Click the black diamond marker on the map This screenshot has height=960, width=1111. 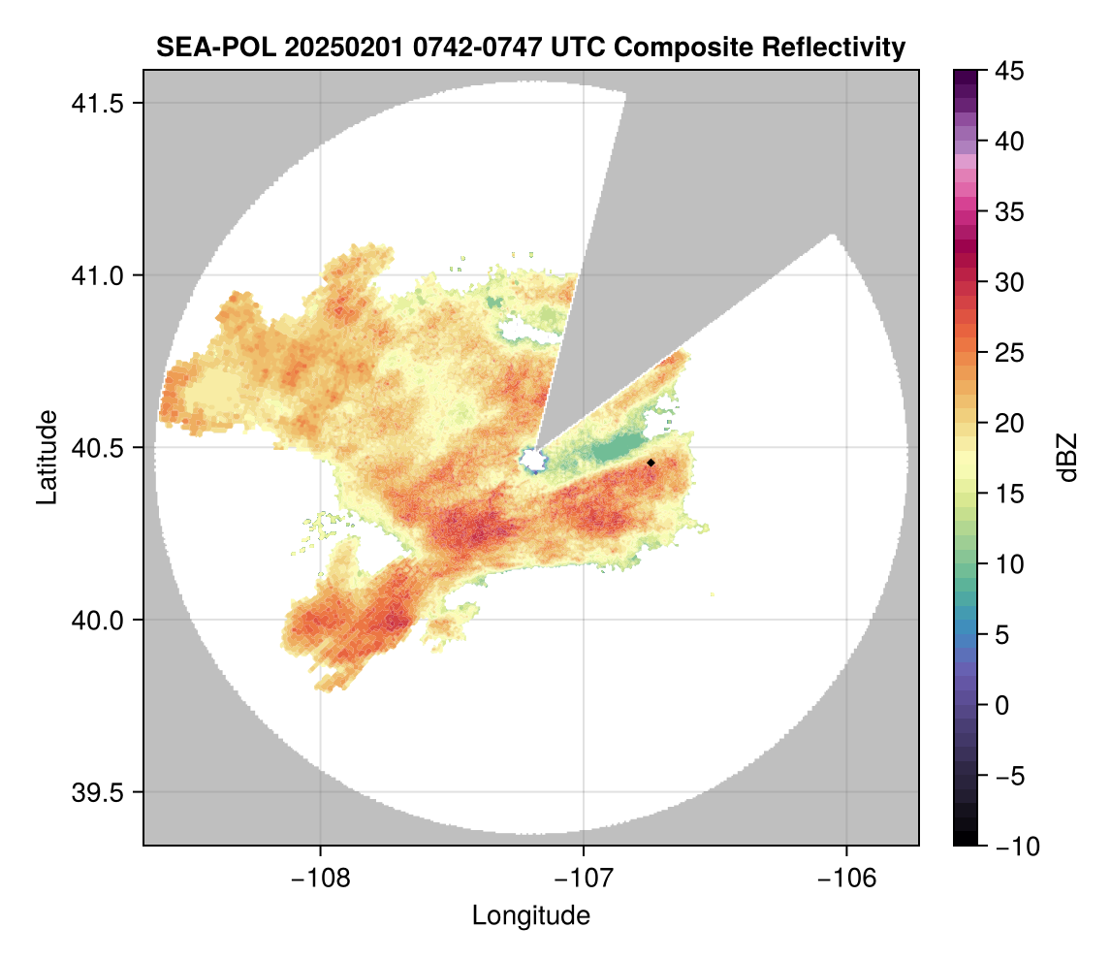tap(651, 463)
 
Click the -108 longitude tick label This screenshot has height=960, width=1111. tap(320, 879)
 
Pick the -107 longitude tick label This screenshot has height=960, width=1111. tap(584, 879)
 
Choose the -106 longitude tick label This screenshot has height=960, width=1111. tap(847, 879)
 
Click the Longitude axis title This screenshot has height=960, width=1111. tap(531, 915)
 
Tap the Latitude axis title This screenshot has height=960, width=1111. tap(47, 457)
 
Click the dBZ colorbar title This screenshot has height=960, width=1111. tap(1067, 458)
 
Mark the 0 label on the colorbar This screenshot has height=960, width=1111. tap(1004, 705)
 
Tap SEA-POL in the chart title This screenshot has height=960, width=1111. tap(210, 47)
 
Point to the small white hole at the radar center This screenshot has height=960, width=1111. tap(533, 460)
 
